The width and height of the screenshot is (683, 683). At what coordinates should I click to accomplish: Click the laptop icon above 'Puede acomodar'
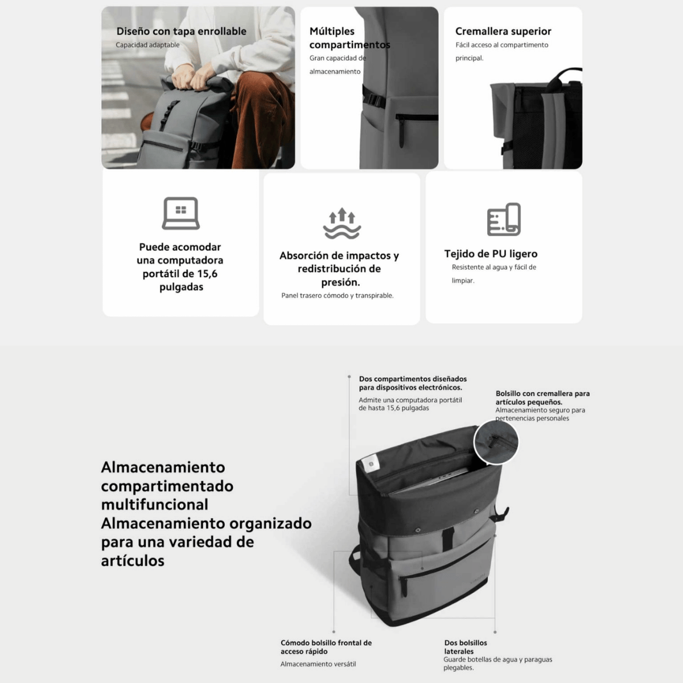coord(181,213)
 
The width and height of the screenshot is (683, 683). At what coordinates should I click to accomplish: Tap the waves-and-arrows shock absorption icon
coord(341,223)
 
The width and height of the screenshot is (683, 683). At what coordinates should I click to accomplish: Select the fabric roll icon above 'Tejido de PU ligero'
coord(504,219)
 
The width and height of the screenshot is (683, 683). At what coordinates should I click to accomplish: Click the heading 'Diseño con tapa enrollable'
coord(181,31)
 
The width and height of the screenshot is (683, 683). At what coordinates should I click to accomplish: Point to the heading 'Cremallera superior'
coord(503,31)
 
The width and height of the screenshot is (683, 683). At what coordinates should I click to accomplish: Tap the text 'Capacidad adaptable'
coord(147,45)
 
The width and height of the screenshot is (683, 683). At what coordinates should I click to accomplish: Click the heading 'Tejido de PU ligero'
coord(491,254)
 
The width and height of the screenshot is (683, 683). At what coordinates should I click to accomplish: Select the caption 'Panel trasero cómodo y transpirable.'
coord(338,295)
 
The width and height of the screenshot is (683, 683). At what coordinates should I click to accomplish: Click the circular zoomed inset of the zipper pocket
coord(496,442)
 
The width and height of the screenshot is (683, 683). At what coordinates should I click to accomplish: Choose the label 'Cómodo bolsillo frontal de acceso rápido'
coord(326,647)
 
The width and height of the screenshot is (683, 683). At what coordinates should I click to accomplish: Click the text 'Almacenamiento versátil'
coord(318,664)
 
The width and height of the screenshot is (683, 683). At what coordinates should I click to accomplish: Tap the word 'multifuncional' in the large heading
coord(155,504)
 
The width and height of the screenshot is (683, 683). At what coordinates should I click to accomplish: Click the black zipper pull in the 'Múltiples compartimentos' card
coord(401,131)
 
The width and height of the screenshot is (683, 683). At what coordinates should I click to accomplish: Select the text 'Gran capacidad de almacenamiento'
coord(338,64)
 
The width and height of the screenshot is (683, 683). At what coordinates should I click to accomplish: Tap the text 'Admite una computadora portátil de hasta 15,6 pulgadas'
coord(410,404)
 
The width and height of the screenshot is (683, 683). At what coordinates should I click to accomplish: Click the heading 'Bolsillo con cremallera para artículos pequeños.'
coord(542,398)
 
